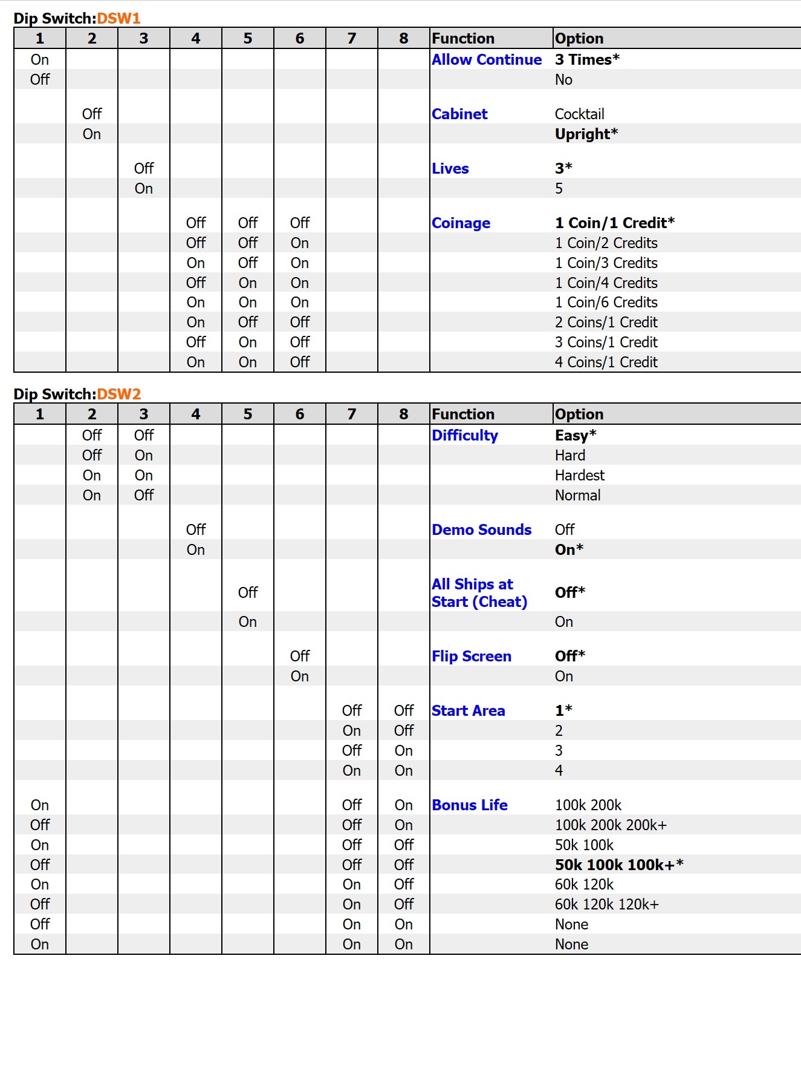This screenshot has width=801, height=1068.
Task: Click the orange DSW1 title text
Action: click(118, 18)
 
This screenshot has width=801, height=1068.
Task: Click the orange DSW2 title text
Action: click(118, 394)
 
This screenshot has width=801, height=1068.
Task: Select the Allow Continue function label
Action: click(487, 59)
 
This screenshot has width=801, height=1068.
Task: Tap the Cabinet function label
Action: click(459, 114)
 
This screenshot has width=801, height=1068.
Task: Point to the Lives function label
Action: click(450, 168)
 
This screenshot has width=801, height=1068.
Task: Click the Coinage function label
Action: click(461, 223)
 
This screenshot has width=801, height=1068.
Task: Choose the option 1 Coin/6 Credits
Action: click(606, 302)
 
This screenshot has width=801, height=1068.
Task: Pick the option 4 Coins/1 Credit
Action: click(606, 362)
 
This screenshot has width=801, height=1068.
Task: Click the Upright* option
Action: click(586, 134)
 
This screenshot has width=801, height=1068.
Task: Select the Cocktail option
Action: click(579, 114)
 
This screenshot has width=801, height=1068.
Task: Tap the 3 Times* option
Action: click(587, 59)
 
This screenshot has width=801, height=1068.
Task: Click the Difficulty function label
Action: click(465, 435)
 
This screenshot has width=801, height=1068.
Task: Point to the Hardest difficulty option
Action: click(579, 475)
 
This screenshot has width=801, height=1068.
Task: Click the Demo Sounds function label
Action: click(482, 529)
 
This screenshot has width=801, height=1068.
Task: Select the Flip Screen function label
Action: click(472, 656)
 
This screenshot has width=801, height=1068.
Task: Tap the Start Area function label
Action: click(469, 710)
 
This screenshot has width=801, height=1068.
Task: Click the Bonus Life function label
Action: click(470, 805)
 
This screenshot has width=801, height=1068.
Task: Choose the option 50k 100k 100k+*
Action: click(619, 864)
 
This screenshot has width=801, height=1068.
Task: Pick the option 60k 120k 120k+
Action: click(606, 904)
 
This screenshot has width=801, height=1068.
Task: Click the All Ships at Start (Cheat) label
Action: click(479, 593)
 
